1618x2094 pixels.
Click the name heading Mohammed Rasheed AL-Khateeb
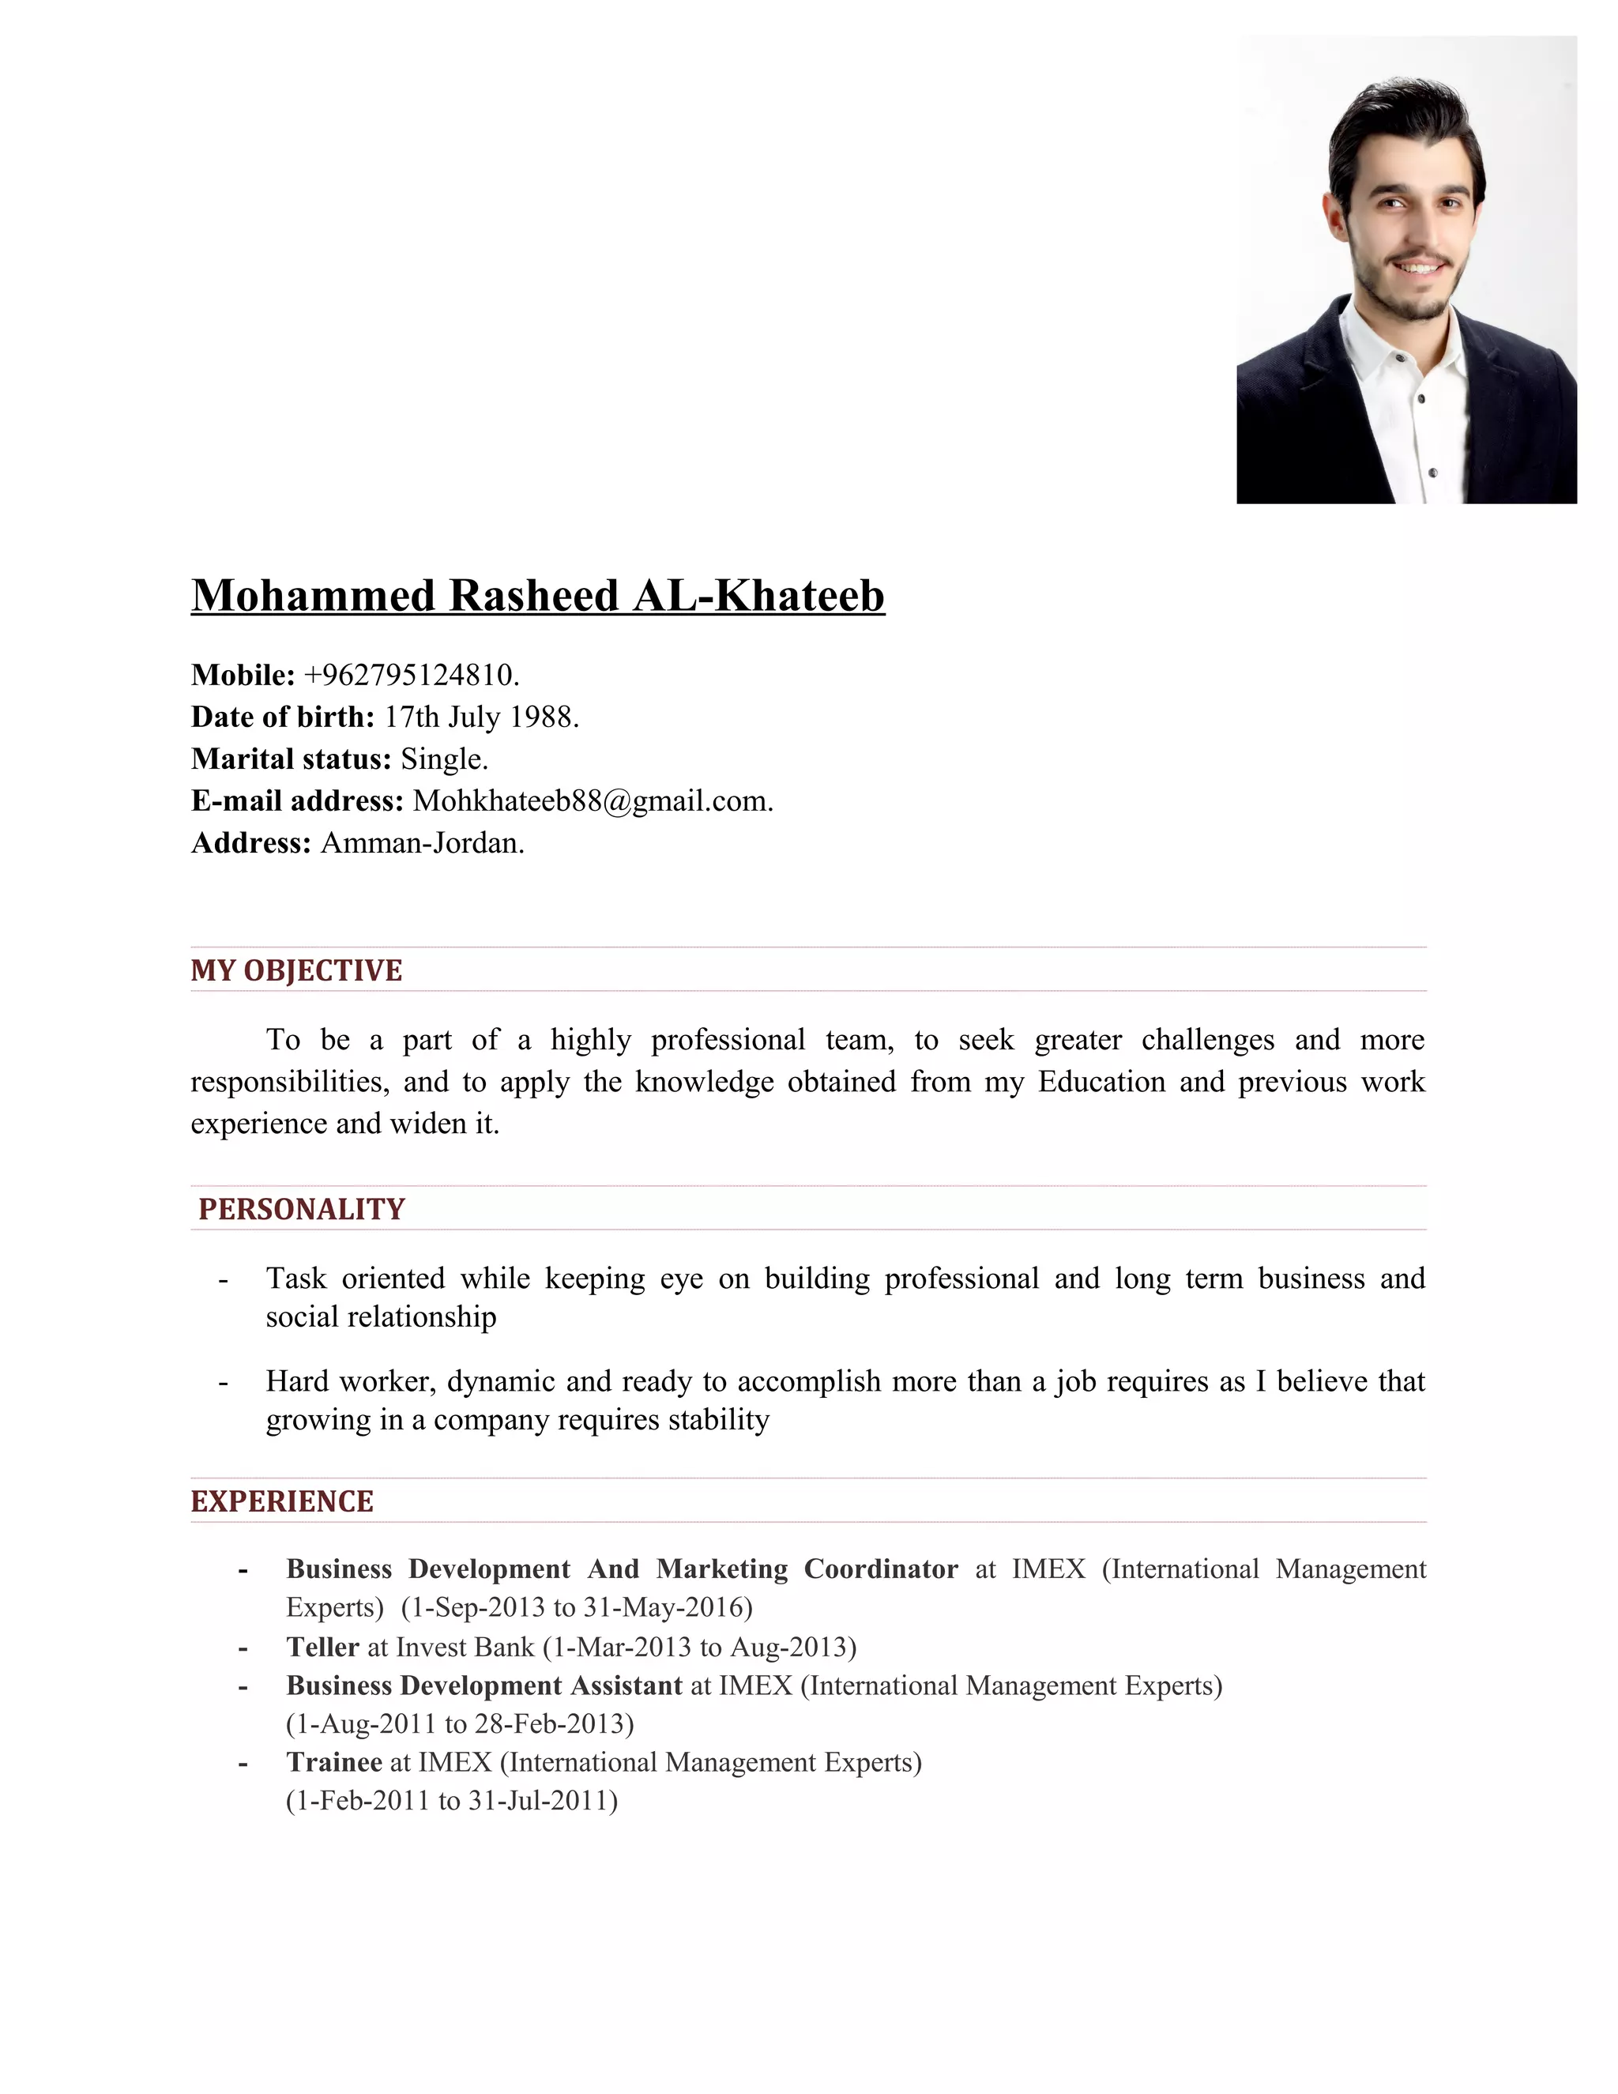[x=538, y=596]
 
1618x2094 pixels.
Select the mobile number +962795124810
[x=410, y=675]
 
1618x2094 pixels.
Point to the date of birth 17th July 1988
[x=481, y=717]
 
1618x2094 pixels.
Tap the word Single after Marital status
[x=444, y=759]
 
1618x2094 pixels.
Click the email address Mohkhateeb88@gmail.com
[x=592, y=800]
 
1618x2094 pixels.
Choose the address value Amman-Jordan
[x=422, y=843]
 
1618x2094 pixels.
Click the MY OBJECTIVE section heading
[x=296, y=970]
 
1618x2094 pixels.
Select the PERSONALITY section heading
[x=301, y=1209]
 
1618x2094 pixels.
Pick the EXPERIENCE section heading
[x=282, y=1501]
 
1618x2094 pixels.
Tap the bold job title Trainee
[x=333, y=1762]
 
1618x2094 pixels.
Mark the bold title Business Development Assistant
[x=484, y=1685]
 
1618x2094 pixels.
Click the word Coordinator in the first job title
[x=880, y=1569]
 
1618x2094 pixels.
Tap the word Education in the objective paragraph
[x=1101, y=1082]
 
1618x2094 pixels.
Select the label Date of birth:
[x=283, y=717]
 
